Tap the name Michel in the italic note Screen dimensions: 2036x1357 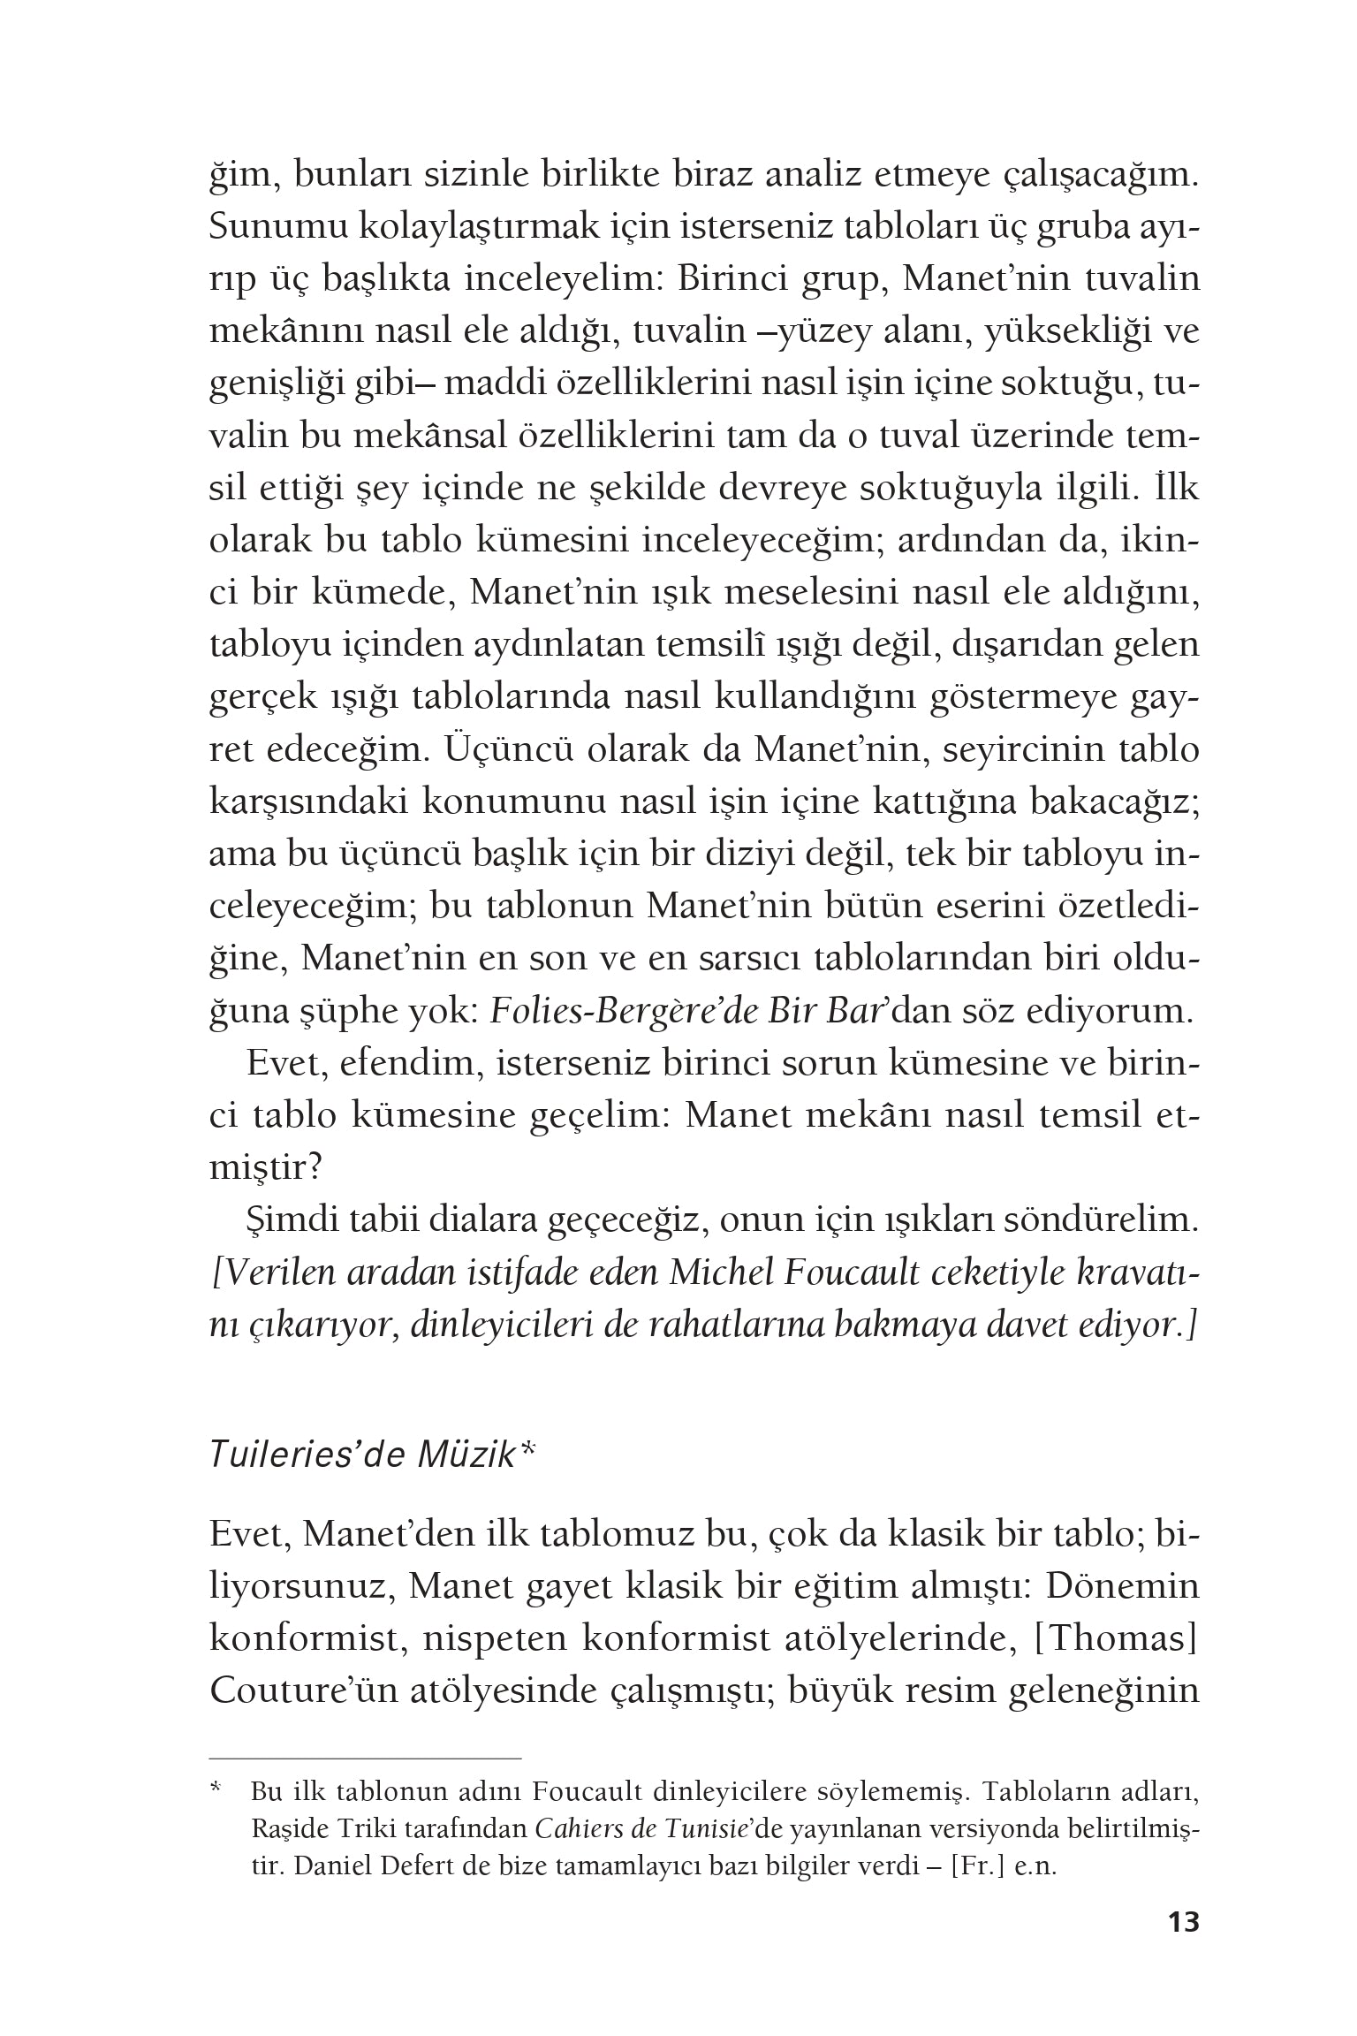pos(724,1275)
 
